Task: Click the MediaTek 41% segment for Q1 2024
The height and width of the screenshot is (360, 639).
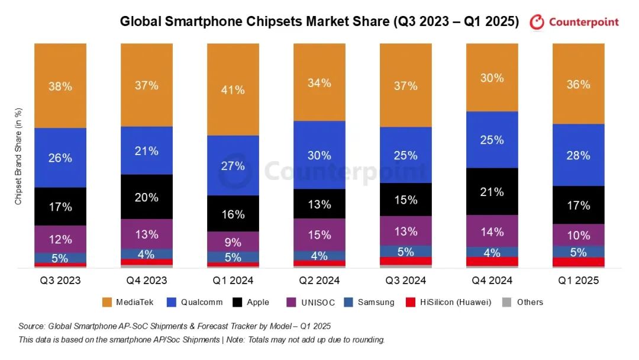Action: (233, 89)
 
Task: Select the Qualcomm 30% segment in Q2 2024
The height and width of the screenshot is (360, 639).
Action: (319, 155)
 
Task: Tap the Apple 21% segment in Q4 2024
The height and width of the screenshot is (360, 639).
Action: (492, 191)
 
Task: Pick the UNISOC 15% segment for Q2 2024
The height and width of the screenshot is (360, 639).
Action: (319, 234)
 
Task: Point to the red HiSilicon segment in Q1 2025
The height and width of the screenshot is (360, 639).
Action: (579, 262)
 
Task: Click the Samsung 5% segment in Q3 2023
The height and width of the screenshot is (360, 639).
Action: (60, 258)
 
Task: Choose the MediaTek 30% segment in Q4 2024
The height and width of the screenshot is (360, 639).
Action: (492, 77)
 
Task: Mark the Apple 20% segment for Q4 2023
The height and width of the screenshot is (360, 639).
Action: (147, 197)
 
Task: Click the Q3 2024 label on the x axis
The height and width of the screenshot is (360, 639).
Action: (406, 280)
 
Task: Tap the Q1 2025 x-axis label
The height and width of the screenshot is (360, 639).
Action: (579, 280)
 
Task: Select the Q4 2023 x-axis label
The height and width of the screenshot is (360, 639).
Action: (147, 280)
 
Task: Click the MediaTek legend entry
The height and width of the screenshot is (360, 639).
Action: (128, 302)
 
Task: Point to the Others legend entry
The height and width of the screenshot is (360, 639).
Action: (522, 302)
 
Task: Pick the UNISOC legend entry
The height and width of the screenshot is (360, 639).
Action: (312, 302)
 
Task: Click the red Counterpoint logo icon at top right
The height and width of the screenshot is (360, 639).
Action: (537, 22)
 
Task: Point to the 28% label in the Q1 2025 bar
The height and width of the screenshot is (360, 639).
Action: (579, 155)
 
